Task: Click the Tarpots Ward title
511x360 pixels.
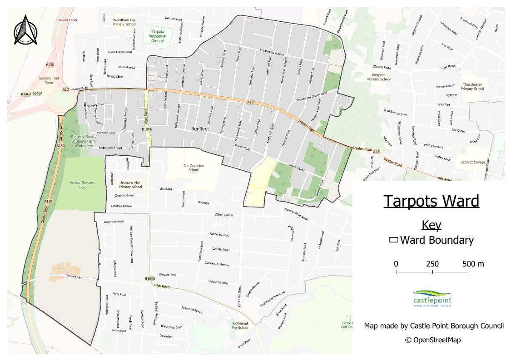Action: click(431, 201)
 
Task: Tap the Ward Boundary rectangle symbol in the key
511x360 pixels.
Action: click(393, 240)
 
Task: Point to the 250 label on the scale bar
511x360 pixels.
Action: click(432, 264)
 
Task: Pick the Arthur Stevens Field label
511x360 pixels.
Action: click(83, 184)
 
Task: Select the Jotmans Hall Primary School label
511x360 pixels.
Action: click(130, 184)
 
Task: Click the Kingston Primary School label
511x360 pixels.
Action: click(379, 77)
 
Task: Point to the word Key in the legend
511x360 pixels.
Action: click(431, 225)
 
